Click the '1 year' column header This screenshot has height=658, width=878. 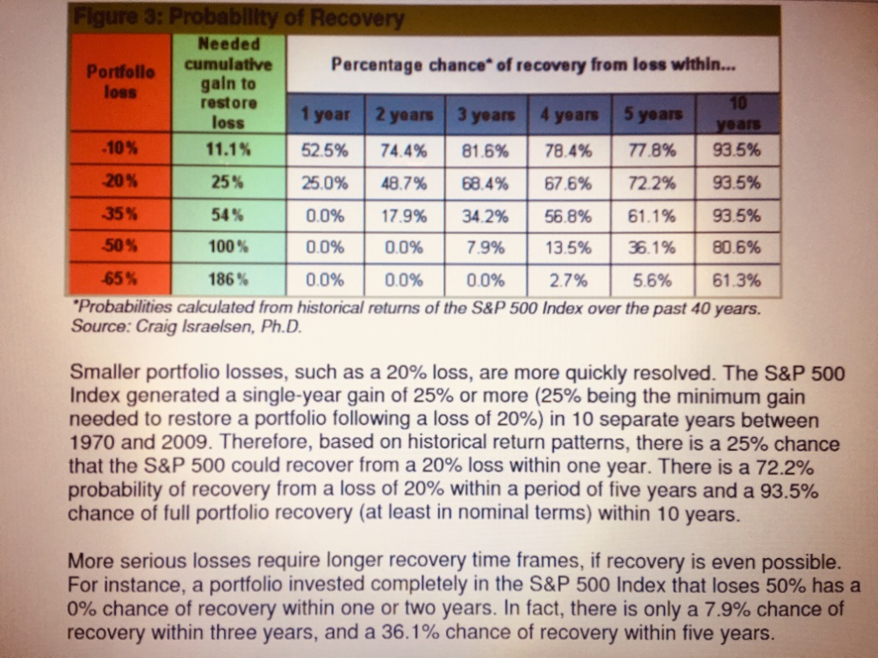(x=325, y=115)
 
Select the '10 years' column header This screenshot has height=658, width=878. (x=735, y=113)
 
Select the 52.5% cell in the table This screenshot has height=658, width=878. (x=325, y=150)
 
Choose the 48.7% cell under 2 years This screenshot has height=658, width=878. (x=404, y=183)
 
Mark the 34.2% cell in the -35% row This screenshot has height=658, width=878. (x=485, y=216)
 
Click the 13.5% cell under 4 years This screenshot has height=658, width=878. (x=566, y=248)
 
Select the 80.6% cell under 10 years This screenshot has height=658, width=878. (x=736, y=248)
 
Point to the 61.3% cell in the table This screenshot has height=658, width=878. (x=736, y=281)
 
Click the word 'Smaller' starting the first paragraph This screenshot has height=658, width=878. (x=100, y=373)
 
